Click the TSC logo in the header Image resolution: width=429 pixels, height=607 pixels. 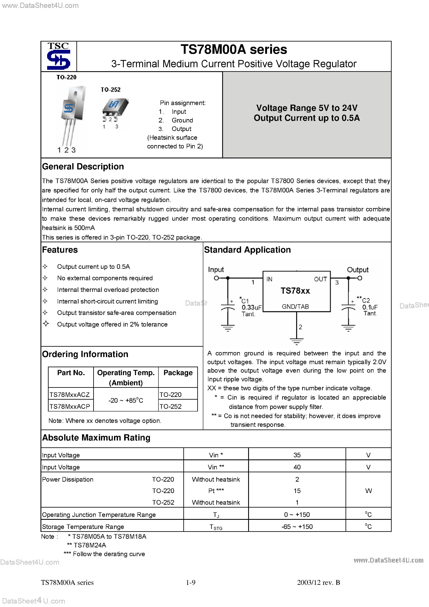point(58,56)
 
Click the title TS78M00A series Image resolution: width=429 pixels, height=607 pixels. point(234,49)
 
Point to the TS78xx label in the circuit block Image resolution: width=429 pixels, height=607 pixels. point(295,291)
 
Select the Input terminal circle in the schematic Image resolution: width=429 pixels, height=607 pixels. point(216,278)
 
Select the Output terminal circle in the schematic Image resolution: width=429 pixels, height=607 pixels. point(360,278)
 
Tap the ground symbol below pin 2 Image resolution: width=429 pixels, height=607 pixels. point(297,341)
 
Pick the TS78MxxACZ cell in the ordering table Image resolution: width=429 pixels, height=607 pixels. point(70,394)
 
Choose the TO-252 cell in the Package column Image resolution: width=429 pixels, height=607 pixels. point(171,406)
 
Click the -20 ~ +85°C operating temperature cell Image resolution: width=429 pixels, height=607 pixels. point(126,400)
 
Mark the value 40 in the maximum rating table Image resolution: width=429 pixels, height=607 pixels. point(297,467)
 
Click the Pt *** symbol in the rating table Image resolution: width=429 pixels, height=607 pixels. point(216,491)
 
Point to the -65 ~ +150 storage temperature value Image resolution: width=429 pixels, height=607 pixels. point(297,527)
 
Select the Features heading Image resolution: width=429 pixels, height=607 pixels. point(60,250)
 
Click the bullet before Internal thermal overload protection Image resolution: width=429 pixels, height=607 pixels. point(45,290)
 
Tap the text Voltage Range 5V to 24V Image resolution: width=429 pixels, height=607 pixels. point(307,108)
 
